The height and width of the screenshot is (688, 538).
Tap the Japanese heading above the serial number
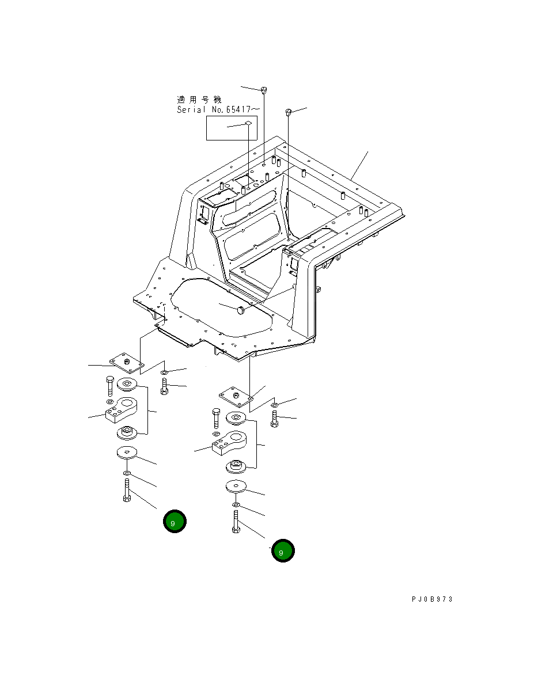pyautogui.click(x=199, y=99)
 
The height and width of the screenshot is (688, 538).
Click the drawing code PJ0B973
pyautogui.click(x=433, y=599)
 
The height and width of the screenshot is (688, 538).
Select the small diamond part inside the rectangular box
pyautogui.click(x=248, y=123)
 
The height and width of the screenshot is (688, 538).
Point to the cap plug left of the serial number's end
pyautogui.click(x=264, y=89)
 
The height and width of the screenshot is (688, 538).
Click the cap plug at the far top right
pyautogui.click(x=289, y=111)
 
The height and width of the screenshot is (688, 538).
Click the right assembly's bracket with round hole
pyautogui.click(x=229, y=442)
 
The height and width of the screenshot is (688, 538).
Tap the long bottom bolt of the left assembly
pyautogui.click(x=127, y=490)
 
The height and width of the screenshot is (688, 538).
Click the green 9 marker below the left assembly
pyautogui.click(x=174, y=522)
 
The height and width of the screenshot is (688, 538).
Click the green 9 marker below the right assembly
pyautogui.click(x=283, y=551)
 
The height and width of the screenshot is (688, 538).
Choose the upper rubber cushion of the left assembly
pyautogui.click(x=126, y=385)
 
